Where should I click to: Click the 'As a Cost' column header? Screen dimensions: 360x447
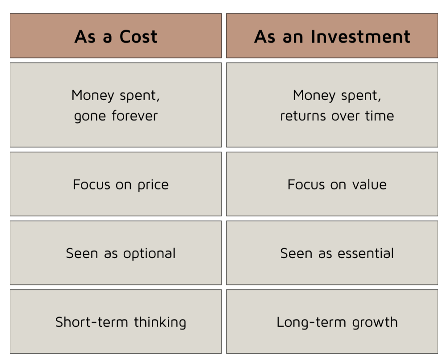[x=116, y=36]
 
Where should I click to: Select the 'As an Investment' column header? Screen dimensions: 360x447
[x=332, y=36]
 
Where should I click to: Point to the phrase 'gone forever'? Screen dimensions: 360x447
[x=116, y=116]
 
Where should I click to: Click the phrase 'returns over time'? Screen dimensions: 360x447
[x=337, y=116]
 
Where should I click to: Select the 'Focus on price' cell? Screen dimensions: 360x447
[x=116, y=184]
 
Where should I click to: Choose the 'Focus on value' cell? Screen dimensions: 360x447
[x=332, y=184]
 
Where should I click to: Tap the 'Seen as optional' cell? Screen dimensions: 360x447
[x=116, y=253]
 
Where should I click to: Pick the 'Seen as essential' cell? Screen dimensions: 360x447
[x=332, y=253]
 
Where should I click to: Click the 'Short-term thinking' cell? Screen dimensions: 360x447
[x=116, y=322]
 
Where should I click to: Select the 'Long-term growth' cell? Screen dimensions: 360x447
[x=332, y=322]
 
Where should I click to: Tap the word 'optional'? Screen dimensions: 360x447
[x=149, y=254]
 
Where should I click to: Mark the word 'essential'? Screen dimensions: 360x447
[x=366, y=253]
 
